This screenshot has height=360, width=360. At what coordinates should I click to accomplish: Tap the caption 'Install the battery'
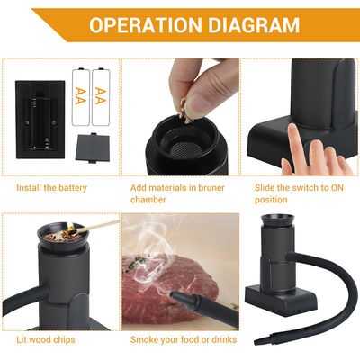[51, 187]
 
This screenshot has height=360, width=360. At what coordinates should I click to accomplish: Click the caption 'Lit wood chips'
[46, 340]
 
